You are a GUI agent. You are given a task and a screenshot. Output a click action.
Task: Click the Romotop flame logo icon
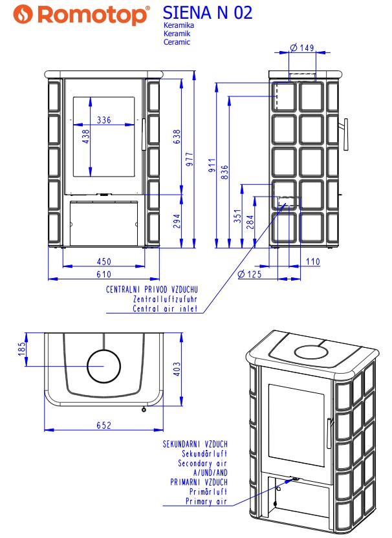click(x=23, y=14)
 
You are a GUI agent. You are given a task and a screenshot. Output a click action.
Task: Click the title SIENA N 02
click(x=208, y=12)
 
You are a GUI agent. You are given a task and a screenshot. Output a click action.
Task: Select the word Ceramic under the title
click(x=177, y=42)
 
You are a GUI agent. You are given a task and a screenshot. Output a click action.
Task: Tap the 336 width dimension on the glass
click(x=104, y=120)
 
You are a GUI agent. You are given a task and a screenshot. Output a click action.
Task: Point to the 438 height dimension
click(x=86, y=136)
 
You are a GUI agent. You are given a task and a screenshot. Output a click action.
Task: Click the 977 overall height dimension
click(x=190, y=160)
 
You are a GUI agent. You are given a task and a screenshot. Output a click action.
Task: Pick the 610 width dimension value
click(x=104, y=274)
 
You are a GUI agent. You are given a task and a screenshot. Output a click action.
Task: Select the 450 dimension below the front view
click(x=104, y=261)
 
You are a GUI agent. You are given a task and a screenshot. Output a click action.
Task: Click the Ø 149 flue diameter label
click(x=303, y=48)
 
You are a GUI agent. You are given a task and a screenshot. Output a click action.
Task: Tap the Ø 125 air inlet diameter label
click(x=250, y=274)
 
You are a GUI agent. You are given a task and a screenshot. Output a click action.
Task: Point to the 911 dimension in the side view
click(x=212, y=166)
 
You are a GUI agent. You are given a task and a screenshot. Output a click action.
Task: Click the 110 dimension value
click(x=312, y=261)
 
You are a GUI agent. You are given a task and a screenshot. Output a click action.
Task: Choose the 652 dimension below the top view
click(x=104, y=425)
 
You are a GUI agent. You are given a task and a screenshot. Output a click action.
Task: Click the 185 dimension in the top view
click(x=22, y=349)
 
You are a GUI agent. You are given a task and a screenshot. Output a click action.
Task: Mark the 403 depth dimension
click(x=177, y=369)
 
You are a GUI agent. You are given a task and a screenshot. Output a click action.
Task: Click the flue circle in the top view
click(x=104, y=350)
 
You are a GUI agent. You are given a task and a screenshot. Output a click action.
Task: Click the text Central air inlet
click(x=165, y=308)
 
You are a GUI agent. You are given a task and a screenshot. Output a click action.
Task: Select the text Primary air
click(x=206, y=501)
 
